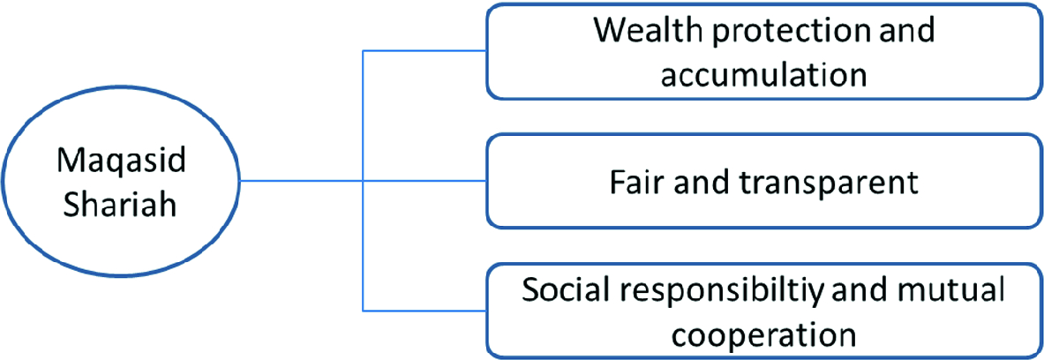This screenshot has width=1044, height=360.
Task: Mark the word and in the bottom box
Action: pyautogui.click(x=889, y=291)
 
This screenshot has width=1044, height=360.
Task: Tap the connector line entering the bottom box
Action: pyautogui.click(x=424, y=310)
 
